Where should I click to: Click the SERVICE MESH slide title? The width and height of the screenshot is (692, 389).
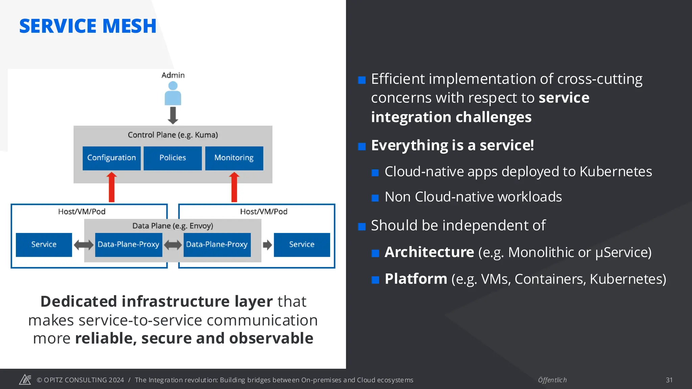click(88, 26)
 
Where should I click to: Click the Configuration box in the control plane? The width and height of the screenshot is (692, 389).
click(112, 158)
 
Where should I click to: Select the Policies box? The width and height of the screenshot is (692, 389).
click(173, 158)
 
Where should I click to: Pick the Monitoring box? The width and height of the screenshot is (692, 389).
click(234, 158)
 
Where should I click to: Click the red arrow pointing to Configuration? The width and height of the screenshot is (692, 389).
click(112, 187)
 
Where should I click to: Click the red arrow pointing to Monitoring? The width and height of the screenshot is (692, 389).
click(234, 187)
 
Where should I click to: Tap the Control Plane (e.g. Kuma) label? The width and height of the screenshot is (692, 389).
click(173, 135)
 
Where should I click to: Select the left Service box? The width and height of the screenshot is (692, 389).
click(44, 244)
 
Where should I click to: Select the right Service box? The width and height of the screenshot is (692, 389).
click(302, 244)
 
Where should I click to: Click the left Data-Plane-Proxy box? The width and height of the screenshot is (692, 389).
click(128, 244)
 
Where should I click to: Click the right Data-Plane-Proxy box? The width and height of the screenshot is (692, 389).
click(217, 244)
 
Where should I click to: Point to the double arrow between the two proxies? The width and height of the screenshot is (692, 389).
click(173, 245)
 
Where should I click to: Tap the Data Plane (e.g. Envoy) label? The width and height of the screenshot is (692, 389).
click(173, 226)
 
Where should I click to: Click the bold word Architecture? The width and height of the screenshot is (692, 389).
click(429, 252)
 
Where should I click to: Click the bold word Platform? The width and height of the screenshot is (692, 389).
click(416, 279)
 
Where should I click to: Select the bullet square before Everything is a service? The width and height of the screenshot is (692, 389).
click(362, 147)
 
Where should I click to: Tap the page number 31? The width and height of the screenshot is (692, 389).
click(669, 380)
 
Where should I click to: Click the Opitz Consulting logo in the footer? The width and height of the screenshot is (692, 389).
click(25, 380)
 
